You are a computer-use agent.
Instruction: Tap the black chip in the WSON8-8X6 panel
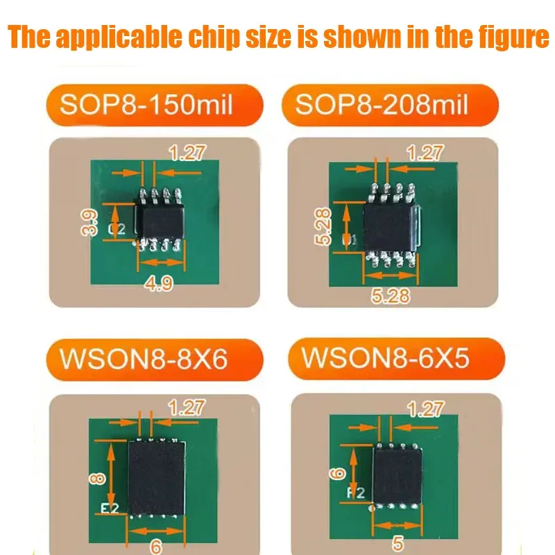(x=157, y=478)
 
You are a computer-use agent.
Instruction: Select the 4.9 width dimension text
(x=160, y=283)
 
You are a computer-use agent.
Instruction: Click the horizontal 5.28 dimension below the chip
(x=390, y=296)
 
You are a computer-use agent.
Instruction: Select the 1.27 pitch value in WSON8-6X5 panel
(x=425, y=409)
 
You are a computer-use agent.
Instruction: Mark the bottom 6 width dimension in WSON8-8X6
(x=156, y=546)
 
